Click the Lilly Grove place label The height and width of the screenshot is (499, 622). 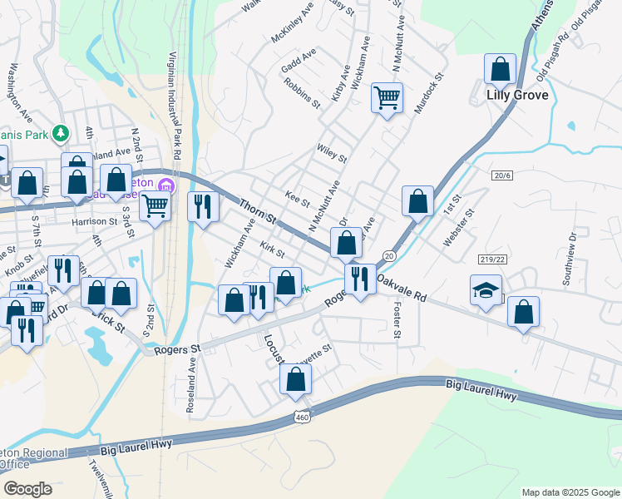click(517, 96)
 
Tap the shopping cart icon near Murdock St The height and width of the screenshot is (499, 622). click(388, 98)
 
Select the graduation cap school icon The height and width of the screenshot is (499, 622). click(486, 290)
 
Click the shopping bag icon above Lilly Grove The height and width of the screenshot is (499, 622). click(501, 69)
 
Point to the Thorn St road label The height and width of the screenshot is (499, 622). click(258, 210)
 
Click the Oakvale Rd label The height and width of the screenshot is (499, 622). click(401, 289)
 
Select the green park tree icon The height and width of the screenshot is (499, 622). click(60, 133)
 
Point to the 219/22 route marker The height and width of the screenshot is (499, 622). click(492, 260)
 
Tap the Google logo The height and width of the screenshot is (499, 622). click(27, 489)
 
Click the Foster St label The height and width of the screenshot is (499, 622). click(397, 320)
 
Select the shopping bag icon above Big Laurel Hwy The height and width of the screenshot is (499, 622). click(295, 379)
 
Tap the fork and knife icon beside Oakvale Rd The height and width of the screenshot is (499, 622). click(360, 279)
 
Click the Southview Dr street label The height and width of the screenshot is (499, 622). click(575, 266)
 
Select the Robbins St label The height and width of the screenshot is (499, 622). click(302, 93)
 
